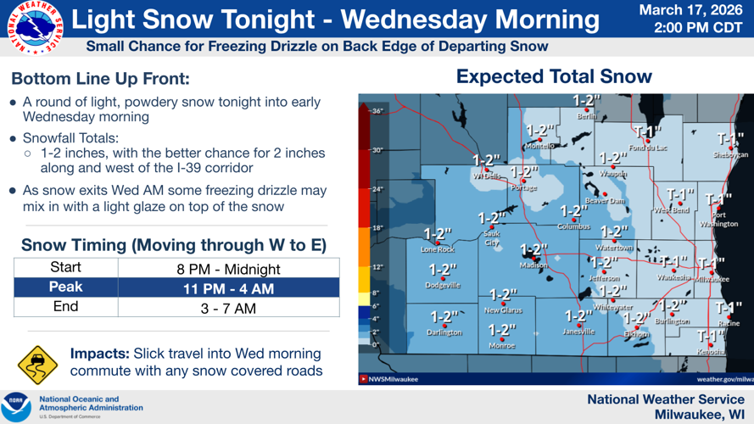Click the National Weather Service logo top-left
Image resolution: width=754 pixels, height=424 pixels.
click(x=29, y=29)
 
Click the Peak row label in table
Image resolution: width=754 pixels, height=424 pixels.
click(x=65, y=288)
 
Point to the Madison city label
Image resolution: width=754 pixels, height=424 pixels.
click(x=533, y=265)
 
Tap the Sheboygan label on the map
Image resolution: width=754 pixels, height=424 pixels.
click(x=730, y=155)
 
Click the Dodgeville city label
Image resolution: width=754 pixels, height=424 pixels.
click(x=443, y=286)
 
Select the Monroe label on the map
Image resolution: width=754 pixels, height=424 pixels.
click(x=502, y=346)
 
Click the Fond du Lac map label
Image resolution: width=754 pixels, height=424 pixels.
click(x=648, y=148)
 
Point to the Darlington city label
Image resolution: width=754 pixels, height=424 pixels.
click(x=444, y=333)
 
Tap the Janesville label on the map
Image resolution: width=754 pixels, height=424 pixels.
click(x=578, y=332)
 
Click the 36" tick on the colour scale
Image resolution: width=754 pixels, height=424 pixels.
click(x=377, y=111)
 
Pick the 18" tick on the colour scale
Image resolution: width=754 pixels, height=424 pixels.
click(x=377, y=228)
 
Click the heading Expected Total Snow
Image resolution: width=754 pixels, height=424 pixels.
click(x=554, y=76)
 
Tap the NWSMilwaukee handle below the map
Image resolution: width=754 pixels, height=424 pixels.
click(x=393, y=379)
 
